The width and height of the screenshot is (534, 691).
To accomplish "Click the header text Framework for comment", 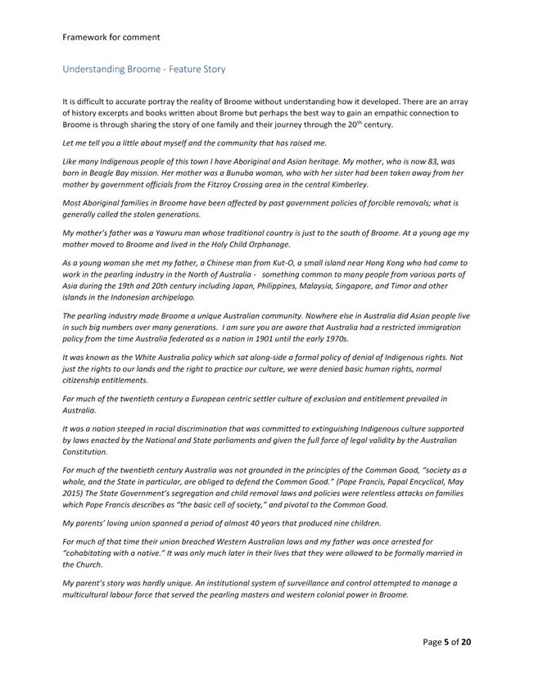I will tap(111, 37).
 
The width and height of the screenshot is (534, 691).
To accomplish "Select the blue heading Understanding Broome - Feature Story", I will tap(144, 70).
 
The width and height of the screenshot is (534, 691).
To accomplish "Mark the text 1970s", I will tap(333, 337).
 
